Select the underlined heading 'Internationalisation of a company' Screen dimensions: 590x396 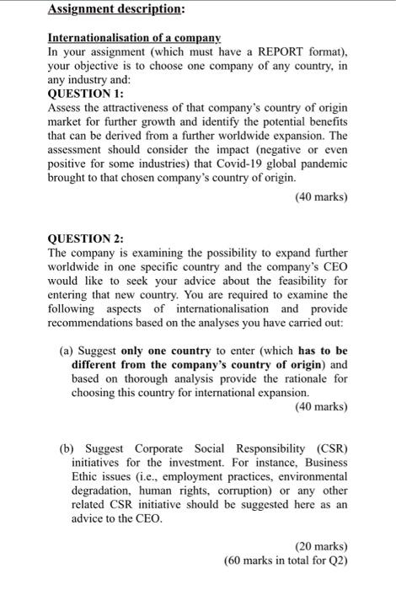pos(135,39)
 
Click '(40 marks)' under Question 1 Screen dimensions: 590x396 pos(321,198)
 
